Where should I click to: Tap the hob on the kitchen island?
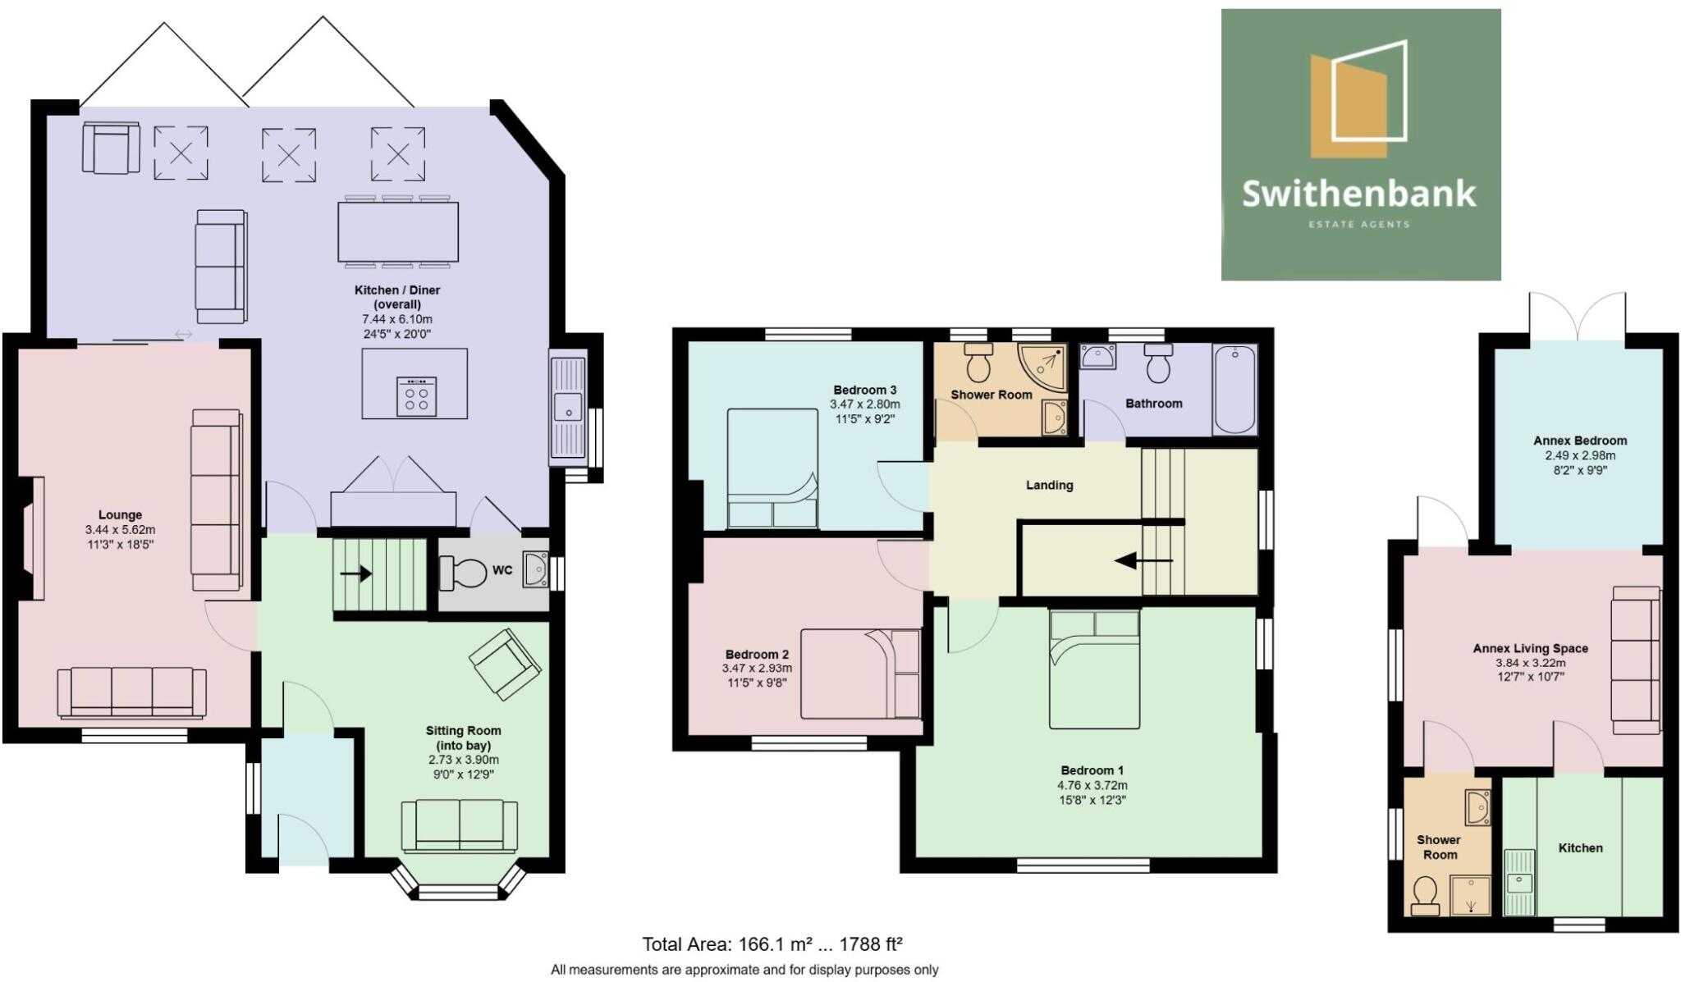pyautogui.click(x=416, y=397)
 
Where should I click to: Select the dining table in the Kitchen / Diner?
pyautogui.click(x=398, y=231)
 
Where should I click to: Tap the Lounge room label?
pyautogui.click(x=120, y=515)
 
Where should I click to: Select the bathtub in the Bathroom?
pyautogui.click(x=1234, y=389)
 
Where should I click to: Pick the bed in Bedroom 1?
pyautogui.click(x=1094, y=669)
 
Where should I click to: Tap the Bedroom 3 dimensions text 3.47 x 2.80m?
pyautogui.click(x=864, y=404)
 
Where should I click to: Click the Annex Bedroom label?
pyautogui.click(x=1579, y=441)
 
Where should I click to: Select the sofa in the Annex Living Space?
pyautogui.click(x=1635, y=660)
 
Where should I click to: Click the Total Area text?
pyautogui.click(x=772, y=944)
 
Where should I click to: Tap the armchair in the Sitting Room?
pyautogui.click(x=505, y=664)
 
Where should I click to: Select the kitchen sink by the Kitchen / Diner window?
pyautogui.click(x=568, y=408)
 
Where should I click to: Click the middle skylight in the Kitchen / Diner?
pyautogui.click(x=289, y=154)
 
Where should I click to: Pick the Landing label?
pyautogui.click(x=1049, y=485)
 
